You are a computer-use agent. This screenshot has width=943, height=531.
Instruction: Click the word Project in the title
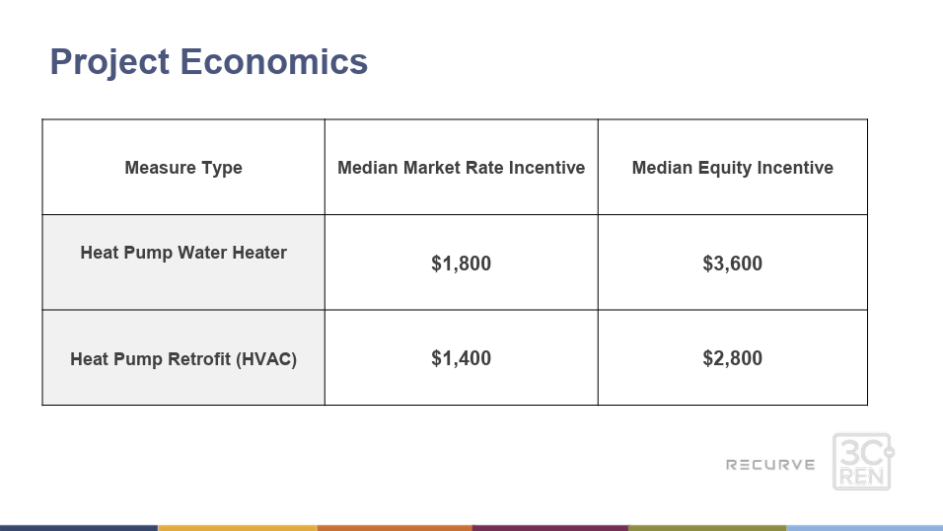coord(109,62)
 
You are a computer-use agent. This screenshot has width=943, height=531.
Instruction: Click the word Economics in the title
coord(273,61)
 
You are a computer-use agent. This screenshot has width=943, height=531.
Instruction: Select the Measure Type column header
coord(183,168)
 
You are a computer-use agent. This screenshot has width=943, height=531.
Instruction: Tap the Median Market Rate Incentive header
coord(462,168)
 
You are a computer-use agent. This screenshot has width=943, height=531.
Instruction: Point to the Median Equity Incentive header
coord(733,168)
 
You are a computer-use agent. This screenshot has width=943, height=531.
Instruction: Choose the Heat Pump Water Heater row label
coord(183,253)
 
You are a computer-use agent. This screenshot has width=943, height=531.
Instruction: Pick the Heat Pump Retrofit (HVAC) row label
coord(183,359)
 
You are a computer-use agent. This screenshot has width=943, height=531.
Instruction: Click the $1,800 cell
coord(462,264)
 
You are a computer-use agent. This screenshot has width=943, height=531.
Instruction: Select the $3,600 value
coord(733,264)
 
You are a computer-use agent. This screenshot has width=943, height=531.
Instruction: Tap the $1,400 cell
coord(462,358)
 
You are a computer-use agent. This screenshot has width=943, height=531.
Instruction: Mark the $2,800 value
coord(733,358)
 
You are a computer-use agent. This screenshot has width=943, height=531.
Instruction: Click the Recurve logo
coord(770,465)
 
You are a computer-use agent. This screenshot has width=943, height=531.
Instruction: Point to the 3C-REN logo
coord(863,462)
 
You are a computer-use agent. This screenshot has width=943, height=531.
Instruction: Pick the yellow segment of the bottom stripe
coord(238,528)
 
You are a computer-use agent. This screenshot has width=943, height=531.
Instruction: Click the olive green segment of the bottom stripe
coord(707,528)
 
